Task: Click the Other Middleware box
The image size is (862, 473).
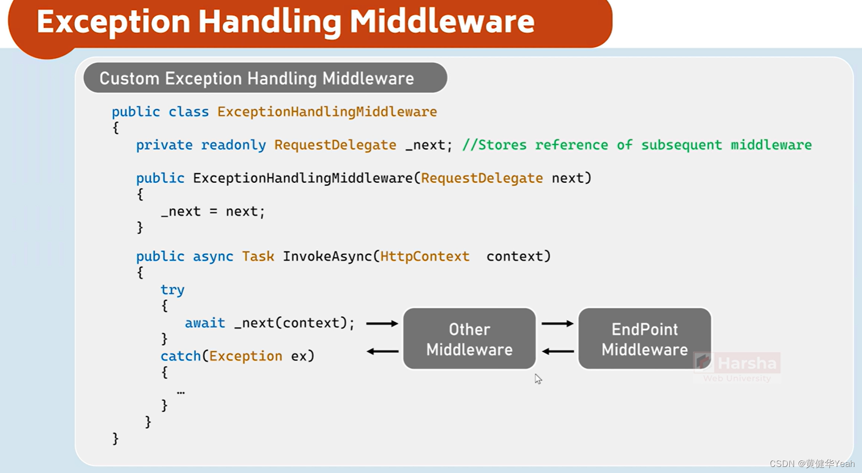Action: [469, 339]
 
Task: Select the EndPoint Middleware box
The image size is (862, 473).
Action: [644, 339]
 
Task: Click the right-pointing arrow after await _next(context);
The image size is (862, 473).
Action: [382, 323]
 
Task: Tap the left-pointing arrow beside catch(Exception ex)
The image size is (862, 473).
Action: [382, 351]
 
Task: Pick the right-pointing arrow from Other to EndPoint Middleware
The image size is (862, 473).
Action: [557, 323]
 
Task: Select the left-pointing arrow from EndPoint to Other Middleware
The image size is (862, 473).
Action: [558, 351]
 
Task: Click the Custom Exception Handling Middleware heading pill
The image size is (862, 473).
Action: [265, 78]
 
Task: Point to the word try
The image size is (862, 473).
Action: [172, 290]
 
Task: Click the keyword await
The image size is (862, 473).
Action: [205, 323]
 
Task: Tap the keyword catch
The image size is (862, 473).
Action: [180, 356]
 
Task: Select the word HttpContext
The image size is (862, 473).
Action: [424, 256]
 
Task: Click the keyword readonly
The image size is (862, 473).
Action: [233, 145]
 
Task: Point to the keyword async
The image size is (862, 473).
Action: [213, 256]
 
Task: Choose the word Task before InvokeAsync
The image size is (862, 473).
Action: [258, 256]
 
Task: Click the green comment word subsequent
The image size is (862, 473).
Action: [681, 145]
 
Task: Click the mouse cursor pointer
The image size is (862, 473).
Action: [538, 379]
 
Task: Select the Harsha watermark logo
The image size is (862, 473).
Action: [737, 366]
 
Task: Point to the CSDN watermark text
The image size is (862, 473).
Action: [812, 463]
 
